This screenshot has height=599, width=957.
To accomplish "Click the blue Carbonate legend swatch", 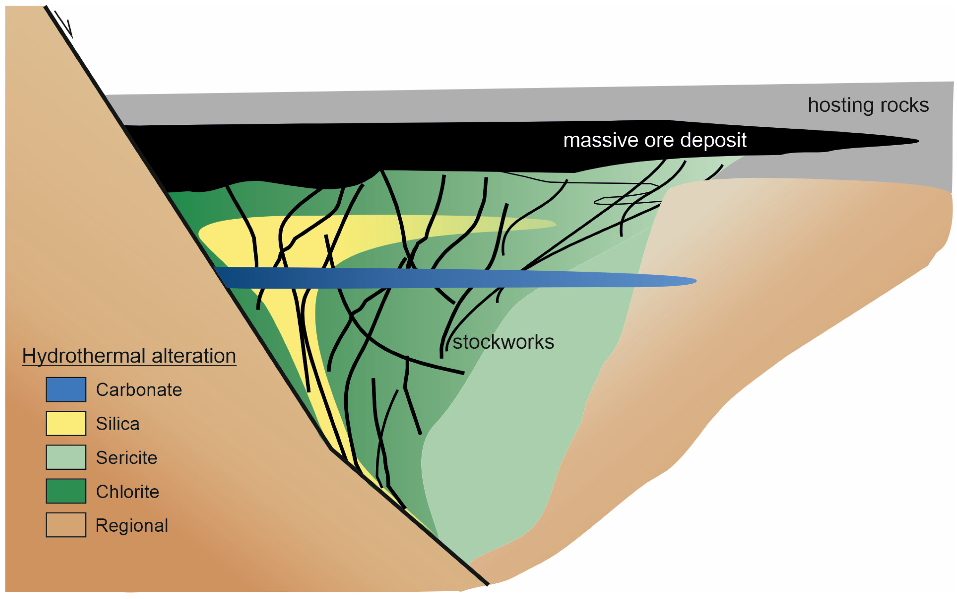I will (66, 389).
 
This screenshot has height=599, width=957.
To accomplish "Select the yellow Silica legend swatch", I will (66, 423).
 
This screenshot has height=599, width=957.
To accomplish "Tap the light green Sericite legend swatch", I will (66, 457).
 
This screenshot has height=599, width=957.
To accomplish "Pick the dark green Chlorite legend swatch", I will (66, 491).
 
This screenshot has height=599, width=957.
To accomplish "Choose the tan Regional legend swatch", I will (66, 525).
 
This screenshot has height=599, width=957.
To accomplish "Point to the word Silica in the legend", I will (118, 424).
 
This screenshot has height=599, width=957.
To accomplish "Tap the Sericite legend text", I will (126, 458).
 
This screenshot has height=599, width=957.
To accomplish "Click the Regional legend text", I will (131, 526).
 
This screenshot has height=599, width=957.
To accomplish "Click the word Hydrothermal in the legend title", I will (84, 356).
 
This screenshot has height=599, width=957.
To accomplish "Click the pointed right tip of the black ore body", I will (917, 141).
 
